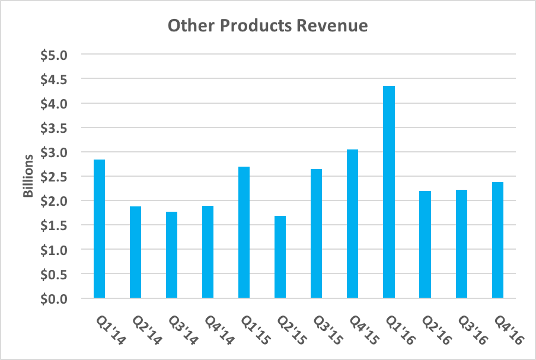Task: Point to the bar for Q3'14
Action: [x=171, y=254]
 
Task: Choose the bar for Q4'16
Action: [x=497, y=240]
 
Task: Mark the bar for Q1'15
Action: [x=244, y=232]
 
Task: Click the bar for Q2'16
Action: [x=425, y=244]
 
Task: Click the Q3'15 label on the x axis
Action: [x=324, y=329]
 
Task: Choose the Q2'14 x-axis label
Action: [x=143, y=329]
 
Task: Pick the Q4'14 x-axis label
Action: [x=215, y=329]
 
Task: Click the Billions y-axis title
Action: [x=28, y=177]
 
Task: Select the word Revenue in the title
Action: [x=334, y=26]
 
